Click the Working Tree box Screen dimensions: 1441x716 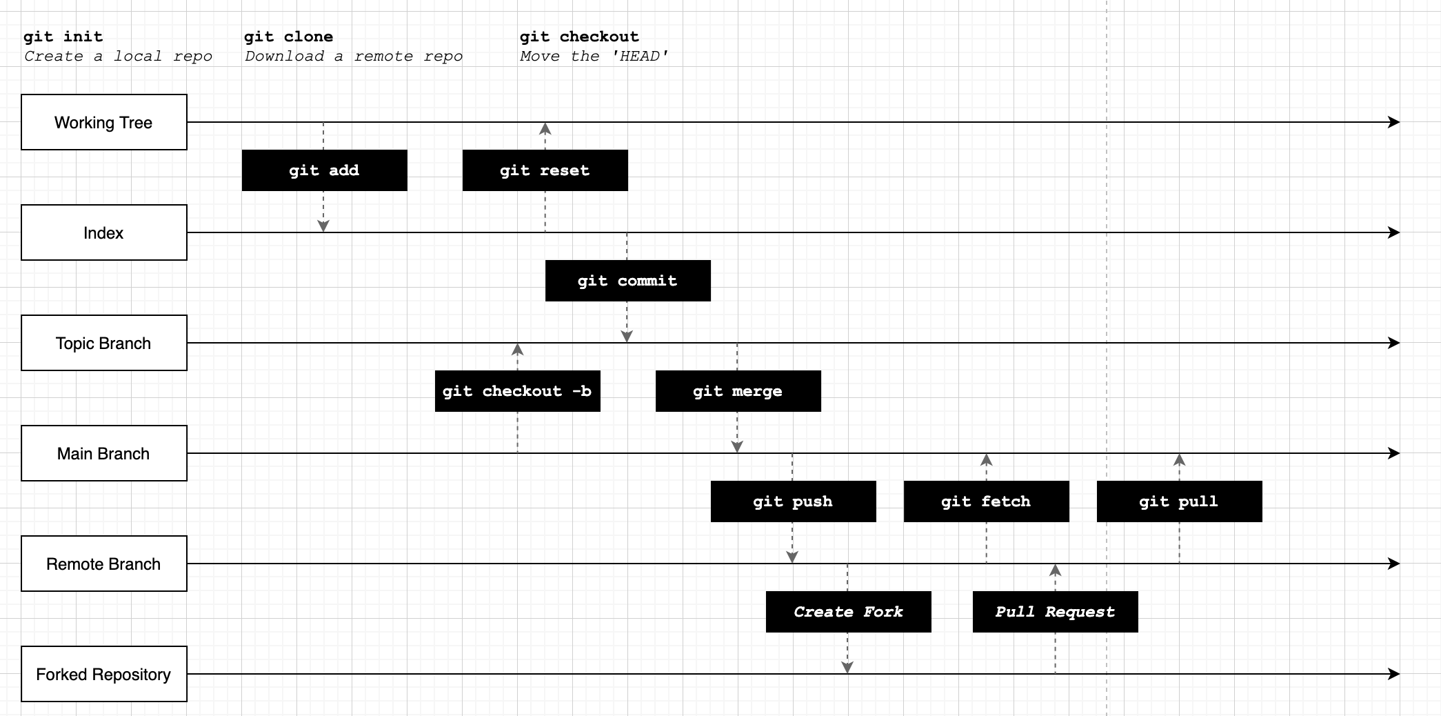[x=104, y=122]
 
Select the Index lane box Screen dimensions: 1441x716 [x=104, y=232]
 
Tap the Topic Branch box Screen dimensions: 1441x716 [x=104, y=343]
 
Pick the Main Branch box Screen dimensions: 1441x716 [x=104, y=453]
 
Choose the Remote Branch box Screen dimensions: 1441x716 [x=104, y=564]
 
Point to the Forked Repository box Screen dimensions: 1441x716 [x=104, y=674]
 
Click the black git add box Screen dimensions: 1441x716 [x=325, y=170]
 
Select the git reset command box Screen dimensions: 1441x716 [x=545, y=170]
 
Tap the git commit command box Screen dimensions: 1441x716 [x=628, y=281]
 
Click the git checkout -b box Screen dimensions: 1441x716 [x=518, y=391]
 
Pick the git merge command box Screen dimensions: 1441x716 [x=738, y=391]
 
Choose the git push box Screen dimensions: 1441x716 [x=794, y=501]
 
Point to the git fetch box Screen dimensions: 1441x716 [x=987, y=501]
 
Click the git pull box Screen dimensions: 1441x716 [x=1180, y=501]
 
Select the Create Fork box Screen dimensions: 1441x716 [x=849, y=612]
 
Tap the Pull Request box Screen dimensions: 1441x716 [x=1056, y=612]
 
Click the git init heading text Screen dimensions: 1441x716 [x=63, y=37]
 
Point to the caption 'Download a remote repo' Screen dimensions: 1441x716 [x=354, y=57]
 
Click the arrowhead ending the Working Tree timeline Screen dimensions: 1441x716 [x=1394, y=122]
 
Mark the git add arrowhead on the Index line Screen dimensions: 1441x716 [x=323, y=226]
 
